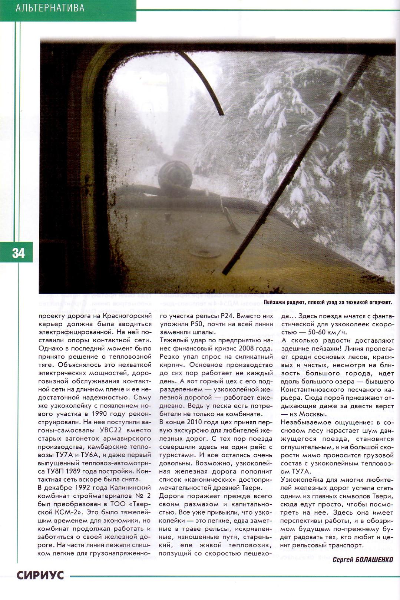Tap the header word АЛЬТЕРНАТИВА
[50, 8]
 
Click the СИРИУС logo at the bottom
[40, 575]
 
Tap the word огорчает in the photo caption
[379, 303]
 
